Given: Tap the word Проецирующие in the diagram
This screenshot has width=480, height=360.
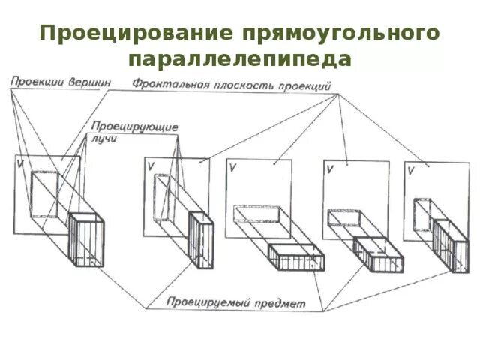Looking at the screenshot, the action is pyautogui.click(x=135, y=127).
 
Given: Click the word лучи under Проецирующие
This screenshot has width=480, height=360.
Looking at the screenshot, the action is pyautogui.click(x=105, y=139).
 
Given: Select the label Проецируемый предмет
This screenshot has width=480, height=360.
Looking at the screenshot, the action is pyautogui.click(x=237, y=303).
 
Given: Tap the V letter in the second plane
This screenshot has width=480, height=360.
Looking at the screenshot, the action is pyautogui.click(x=151, y=166).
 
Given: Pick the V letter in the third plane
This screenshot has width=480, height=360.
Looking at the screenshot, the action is pyautogui.click(x=233, y=168).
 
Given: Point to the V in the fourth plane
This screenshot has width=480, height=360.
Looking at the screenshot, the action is pyautogui.click(x=329, y=169).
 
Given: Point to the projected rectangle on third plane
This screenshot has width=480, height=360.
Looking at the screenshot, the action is pyautogui.click(x=257, y=215).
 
